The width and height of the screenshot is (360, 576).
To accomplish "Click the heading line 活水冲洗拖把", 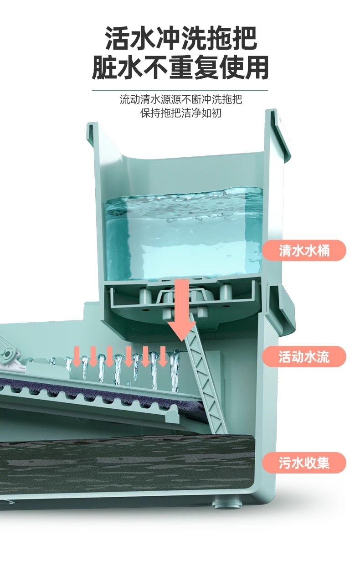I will (181, 38).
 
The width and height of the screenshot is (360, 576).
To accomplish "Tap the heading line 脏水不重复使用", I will (180, 68).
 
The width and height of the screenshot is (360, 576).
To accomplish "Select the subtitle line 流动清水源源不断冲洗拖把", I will (181, 99).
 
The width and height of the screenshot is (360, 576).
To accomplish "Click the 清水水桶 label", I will (304, 250).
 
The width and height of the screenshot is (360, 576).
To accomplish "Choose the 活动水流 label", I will (304, 356).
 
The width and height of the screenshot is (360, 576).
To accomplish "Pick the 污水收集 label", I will (304, 463).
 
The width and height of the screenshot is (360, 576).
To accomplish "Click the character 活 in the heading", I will (117, 38).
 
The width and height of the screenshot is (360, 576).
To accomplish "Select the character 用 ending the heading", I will (256, 68).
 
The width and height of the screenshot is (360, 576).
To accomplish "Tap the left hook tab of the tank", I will (93, 132).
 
